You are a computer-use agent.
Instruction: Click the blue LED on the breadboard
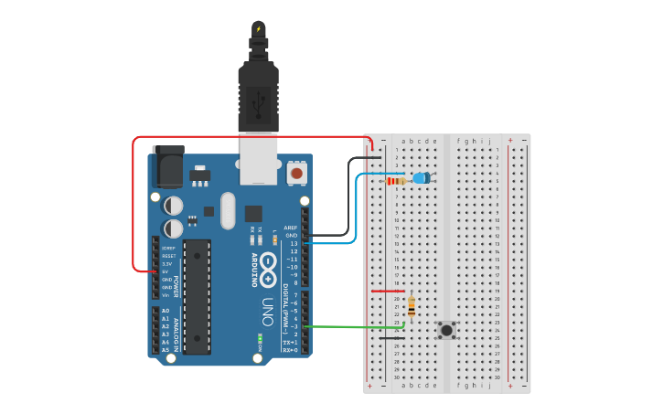422,178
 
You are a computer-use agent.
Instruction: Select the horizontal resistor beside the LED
397,181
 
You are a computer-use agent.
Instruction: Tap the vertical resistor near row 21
412,307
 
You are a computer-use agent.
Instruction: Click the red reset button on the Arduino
296,172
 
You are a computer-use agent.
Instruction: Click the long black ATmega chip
197,295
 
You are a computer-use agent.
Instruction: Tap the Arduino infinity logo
268,267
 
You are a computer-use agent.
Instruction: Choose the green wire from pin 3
357,326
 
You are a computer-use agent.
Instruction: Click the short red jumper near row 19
388,292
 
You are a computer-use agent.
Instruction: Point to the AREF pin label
291,228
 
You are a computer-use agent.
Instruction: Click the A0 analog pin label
166,311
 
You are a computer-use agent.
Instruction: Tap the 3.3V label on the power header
167,263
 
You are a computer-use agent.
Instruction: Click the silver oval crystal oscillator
228,211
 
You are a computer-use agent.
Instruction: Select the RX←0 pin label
290,350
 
